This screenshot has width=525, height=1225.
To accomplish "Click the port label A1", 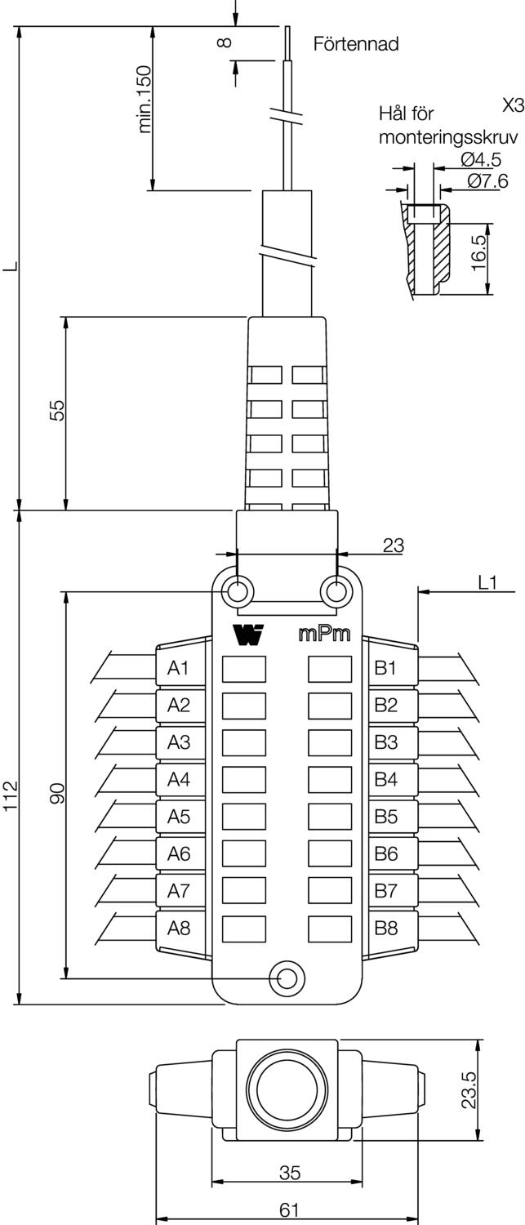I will (x=178, y=668).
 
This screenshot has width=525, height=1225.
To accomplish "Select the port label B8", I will (x=385, y=928).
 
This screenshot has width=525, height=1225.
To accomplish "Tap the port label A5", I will (x=178, y=816).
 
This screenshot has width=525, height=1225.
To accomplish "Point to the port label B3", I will (x=385, y=742).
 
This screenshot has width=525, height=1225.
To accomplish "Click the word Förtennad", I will (x=356, y=45).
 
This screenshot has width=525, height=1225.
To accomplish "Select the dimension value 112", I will (x=11, y=795).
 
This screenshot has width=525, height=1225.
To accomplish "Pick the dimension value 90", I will (x=57, y=793).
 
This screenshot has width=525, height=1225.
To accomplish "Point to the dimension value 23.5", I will (x=468, y=1089).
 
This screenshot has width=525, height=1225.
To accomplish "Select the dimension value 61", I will (x=289, y=1210).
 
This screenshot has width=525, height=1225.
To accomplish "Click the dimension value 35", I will (x=289, y=1173).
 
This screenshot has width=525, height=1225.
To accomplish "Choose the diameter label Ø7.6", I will (x=487, y=181).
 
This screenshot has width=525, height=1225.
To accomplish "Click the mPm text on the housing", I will (x=324, y=635).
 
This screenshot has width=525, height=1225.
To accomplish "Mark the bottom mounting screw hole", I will (x=286, y=977).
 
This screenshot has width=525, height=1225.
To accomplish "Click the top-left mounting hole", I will (x=240, y=590).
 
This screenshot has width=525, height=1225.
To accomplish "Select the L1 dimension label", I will (x=487, y=582).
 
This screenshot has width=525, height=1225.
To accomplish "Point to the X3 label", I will (x=513, y=105).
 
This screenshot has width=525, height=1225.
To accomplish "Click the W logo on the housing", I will (x=247, y=635).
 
